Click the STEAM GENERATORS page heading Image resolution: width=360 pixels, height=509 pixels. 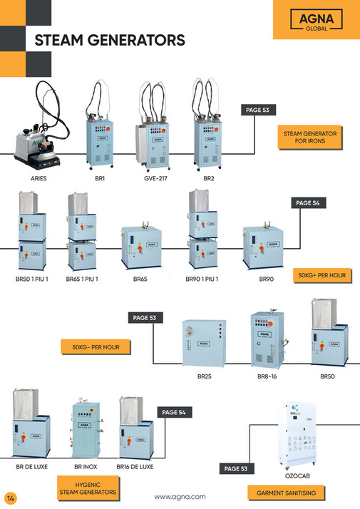tap(110, 40)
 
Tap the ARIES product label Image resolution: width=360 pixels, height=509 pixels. tap(39, 178)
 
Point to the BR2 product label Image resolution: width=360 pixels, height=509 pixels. tap(208, 178)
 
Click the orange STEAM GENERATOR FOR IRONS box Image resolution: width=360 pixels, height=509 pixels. tap(308, 137)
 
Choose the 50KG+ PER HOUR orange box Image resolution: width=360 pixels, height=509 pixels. tap(322, 274)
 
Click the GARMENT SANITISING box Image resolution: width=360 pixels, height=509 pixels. tap(286, 492)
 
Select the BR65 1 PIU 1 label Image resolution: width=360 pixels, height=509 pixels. tap(82, 279)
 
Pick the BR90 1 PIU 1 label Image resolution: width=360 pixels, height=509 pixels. tap(202, 279)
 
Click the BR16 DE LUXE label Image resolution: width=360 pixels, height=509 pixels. tap(134, 467)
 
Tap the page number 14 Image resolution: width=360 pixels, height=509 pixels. tap(10, 497)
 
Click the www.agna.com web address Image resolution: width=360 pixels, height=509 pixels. tap(180, 496)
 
